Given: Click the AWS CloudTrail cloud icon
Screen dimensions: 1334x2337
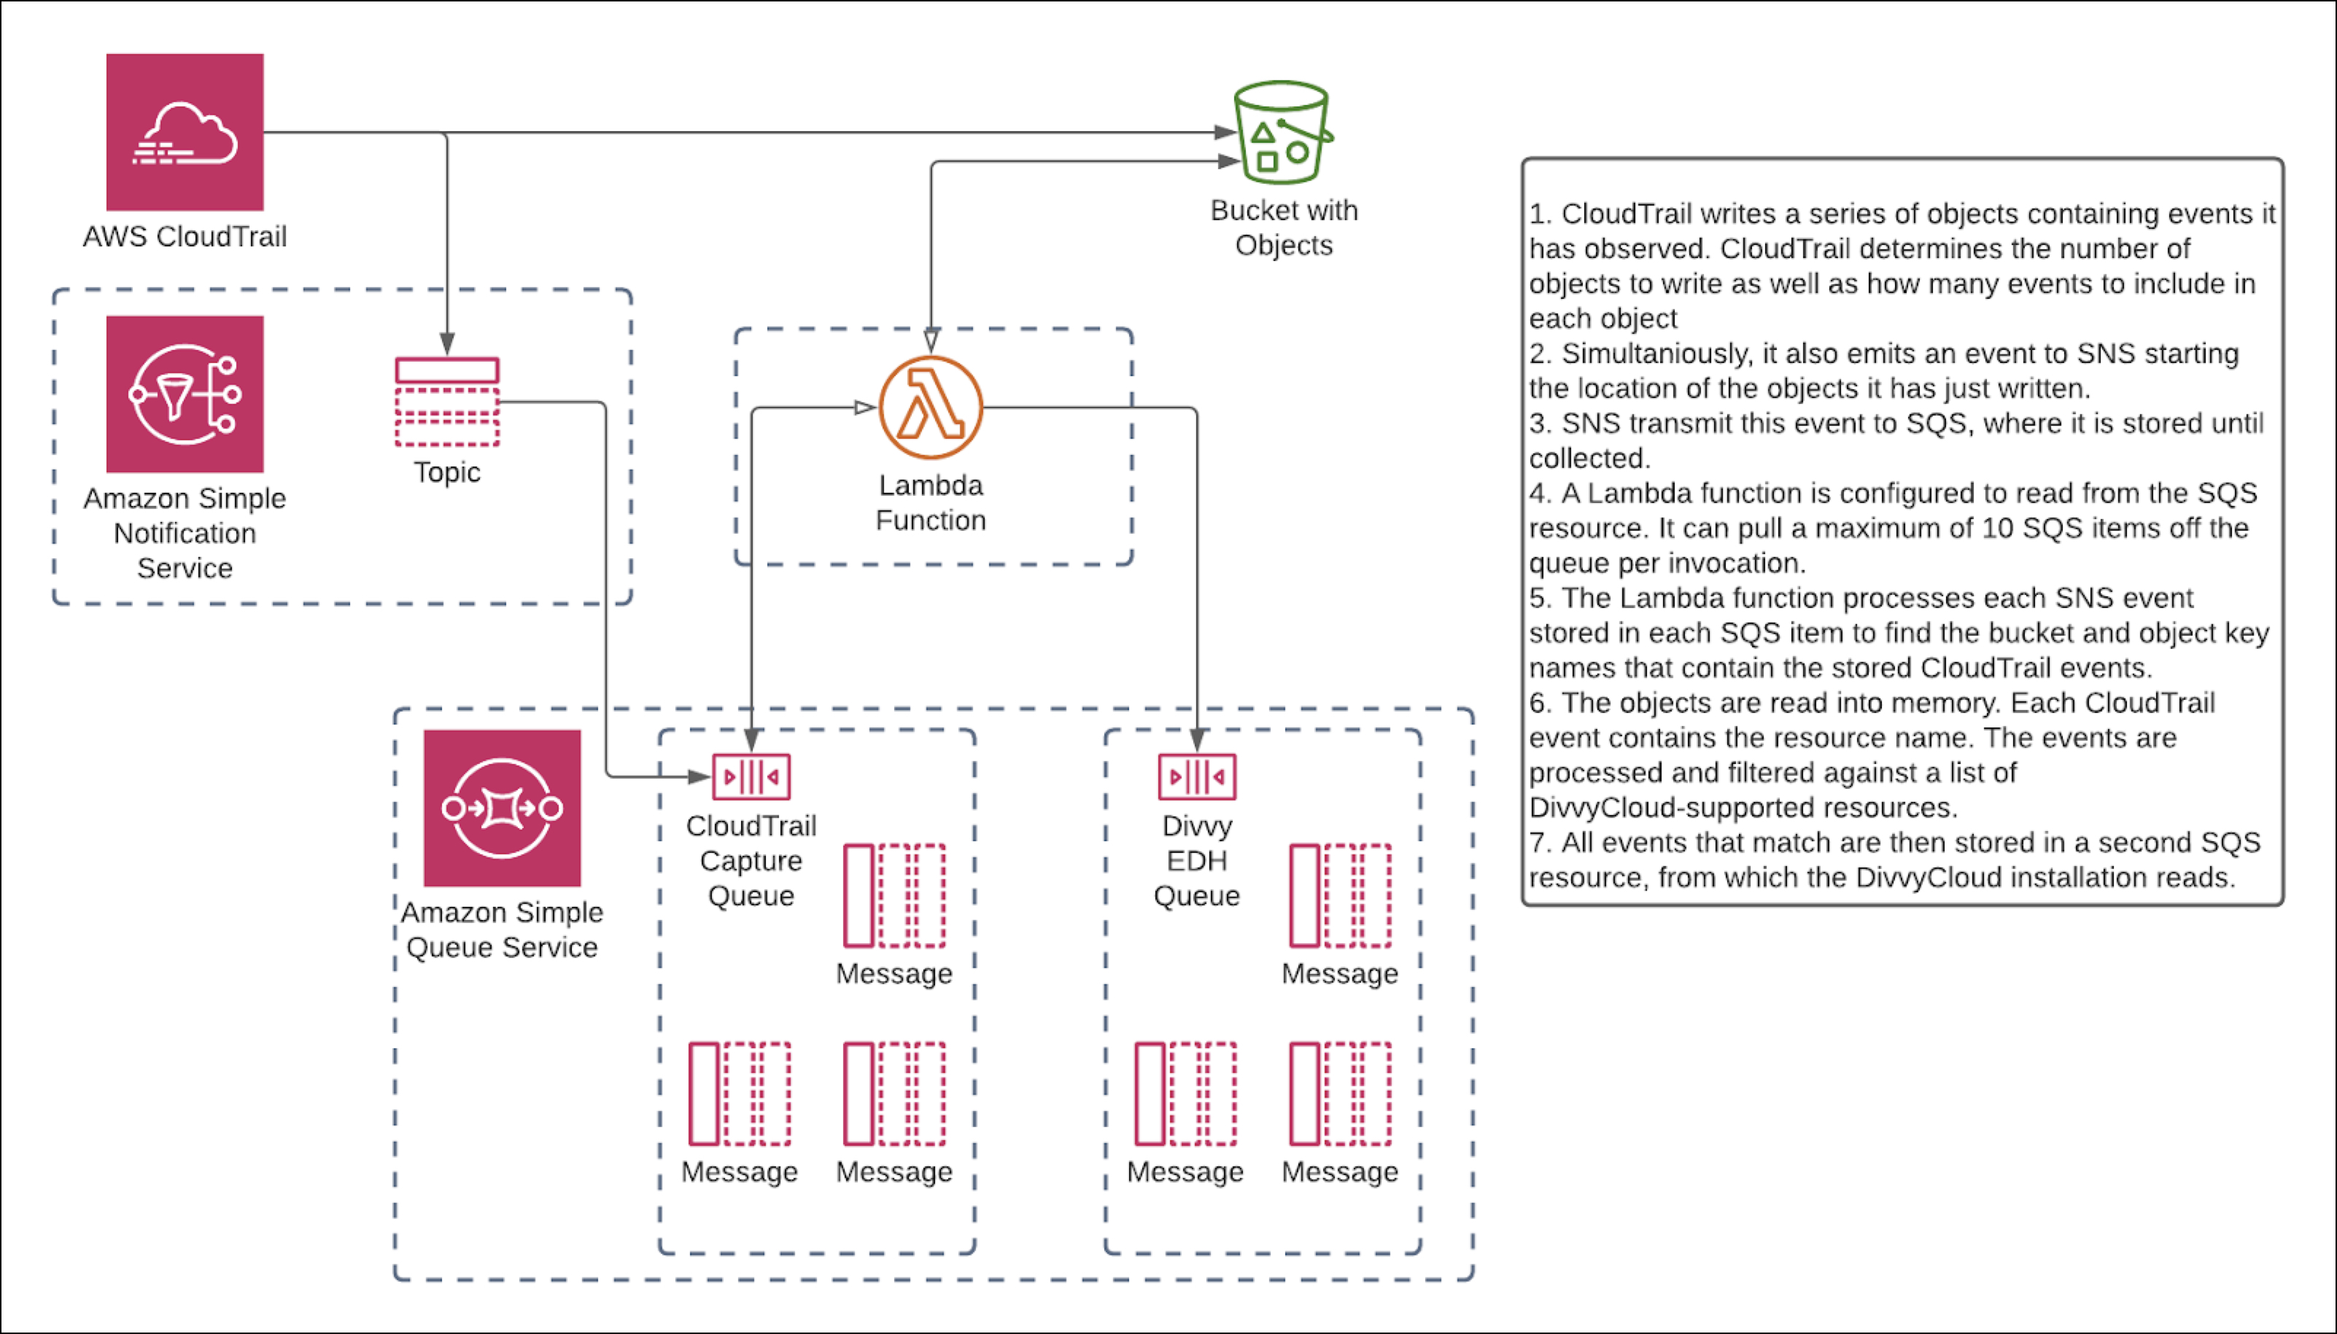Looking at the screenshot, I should pyautogui.click(x=185, y=132).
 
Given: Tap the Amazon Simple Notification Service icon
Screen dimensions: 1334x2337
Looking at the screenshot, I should pyautogui.click(x=185, y=394).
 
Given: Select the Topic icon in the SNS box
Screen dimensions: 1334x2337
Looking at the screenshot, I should pyautogui.click(x=447, y=402).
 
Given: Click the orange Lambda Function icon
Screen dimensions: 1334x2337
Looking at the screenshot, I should pyautogui.click(x=931, y=407).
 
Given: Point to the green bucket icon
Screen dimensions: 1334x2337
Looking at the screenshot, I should pyautogui.click(x=1282, y=133).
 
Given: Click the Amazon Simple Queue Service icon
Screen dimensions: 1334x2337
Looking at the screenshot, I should pyautogui.click(x=503, y=808).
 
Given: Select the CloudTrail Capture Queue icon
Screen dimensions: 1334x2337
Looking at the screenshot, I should pyautogui.click(x=751, y=777).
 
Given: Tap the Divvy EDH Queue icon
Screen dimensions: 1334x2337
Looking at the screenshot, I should pyautogui.click(x=1197, y=777).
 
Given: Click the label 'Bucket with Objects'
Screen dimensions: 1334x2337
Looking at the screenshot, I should pyautogui.click(x=1284, y=228).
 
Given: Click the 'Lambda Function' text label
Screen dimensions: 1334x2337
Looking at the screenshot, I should pyautogui.click(x=931, y=503).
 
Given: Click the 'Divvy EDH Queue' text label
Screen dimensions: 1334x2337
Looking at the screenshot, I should pyautogui.click(x=1197, y=861).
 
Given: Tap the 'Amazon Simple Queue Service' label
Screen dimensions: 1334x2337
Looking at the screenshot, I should pyautogui.click(x=503, y=930).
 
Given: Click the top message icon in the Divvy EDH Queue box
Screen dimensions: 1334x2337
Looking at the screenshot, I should pyautogui.click(x=1340, y=896).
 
